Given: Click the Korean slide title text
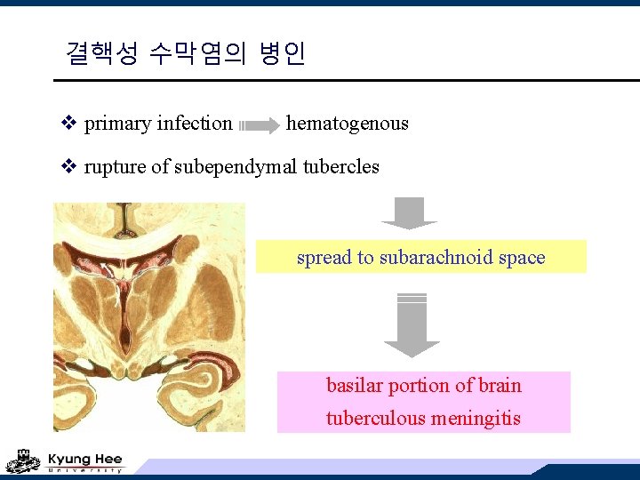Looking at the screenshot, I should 186,54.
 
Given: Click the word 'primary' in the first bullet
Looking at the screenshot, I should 117,124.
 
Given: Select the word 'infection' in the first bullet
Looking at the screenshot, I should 194,124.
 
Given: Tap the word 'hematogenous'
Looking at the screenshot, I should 348,124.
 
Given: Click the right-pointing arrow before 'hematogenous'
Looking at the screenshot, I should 260,126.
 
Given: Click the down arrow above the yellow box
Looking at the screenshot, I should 409,213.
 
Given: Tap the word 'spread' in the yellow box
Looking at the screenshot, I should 324,258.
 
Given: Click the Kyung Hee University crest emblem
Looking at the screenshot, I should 23,460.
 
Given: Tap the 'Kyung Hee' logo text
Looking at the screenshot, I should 84,459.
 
